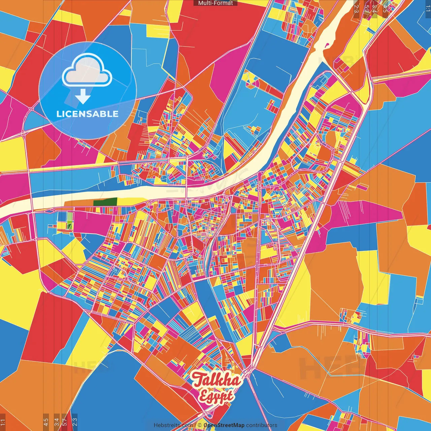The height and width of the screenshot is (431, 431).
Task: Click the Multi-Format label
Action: coord(215,3)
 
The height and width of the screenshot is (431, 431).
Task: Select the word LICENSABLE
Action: coord(87,114)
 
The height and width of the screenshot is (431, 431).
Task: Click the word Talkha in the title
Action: coord(217,380)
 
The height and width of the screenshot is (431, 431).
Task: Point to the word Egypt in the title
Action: coord(216,396)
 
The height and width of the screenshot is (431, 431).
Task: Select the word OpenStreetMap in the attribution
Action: coord(224,425)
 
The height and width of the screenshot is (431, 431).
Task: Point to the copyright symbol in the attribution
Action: coord(199,425)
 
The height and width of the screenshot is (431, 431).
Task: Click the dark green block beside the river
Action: coord(105,202)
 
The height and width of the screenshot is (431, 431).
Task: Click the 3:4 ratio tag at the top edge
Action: coord(374,9)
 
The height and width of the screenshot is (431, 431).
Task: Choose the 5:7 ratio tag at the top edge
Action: coord(366,9)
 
